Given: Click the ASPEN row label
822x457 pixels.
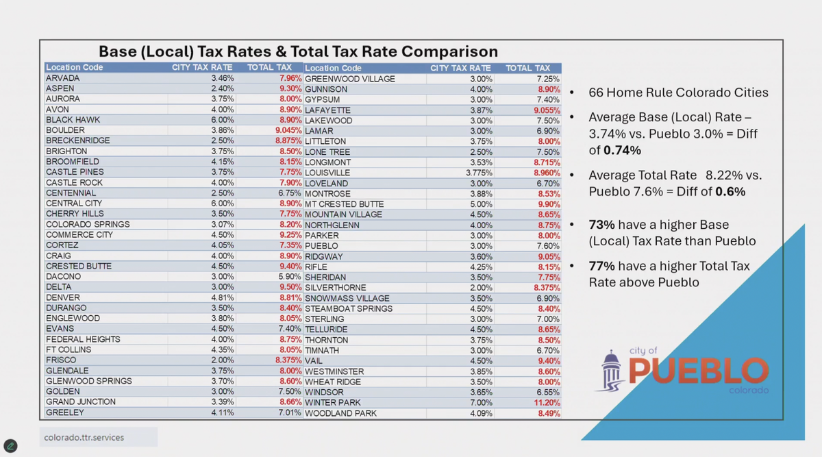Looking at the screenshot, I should click(x=60, y=88).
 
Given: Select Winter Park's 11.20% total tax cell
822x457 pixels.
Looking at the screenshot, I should click(x=547, y=403).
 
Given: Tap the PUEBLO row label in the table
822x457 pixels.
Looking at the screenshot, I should click(x=321, y=246).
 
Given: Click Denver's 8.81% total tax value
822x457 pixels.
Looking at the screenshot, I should click(x=288, y=298).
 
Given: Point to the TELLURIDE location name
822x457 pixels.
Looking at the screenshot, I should click(x=326, y=330).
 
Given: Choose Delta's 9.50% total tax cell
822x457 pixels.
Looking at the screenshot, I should click(x=288, y=287).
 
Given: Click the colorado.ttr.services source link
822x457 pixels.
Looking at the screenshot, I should click(x=84, y=437).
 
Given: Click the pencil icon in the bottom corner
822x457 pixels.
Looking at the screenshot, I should click(x=10, y=446).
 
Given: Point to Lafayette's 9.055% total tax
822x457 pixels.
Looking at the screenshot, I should click(x=545, y=110).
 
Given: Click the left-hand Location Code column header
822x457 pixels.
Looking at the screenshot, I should click(x=74, y=68).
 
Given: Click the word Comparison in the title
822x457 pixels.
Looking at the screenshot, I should click(x=449, y=51).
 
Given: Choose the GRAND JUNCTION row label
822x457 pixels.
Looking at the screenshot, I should click(x=80, y=402).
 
